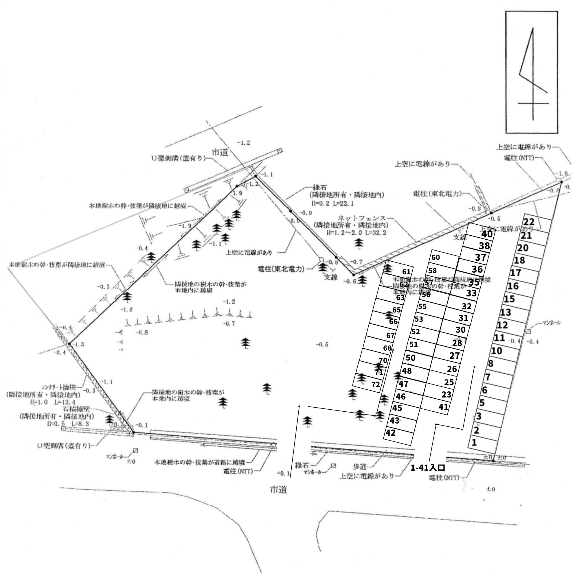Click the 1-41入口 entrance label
tap(428, 468)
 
